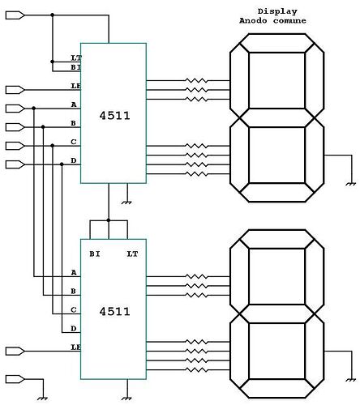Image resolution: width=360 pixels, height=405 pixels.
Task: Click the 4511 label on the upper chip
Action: click(114, 116)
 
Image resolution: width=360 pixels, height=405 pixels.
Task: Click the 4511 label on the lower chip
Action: click(114, 310)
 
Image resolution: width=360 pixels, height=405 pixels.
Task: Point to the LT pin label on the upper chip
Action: click(75, 58)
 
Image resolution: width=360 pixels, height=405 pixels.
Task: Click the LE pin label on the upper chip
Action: click(75, 86)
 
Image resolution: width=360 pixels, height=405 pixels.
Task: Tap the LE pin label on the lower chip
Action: click(75, 347)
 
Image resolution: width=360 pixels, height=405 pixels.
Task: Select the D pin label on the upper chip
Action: click(74, 160)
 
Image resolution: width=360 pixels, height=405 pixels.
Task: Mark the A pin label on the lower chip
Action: click(74, 272)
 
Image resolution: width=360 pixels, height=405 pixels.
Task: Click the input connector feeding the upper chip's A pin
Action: click(15, 107)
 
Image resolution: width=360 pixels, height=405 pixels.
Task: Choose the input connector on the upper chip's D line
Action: click(15, 164)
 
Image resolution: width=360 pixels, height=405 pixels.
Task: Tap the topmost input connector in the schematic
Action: click(15, 15)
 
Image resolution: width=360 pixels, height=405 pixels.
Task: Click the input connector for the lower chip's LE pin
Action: click(15, 351)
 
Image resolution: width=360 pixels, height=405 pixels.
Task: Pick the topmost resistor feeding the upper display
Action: click(195, 82)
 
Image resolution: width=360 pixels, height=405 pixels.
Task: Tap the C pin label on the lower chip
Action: click(74, 309)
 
